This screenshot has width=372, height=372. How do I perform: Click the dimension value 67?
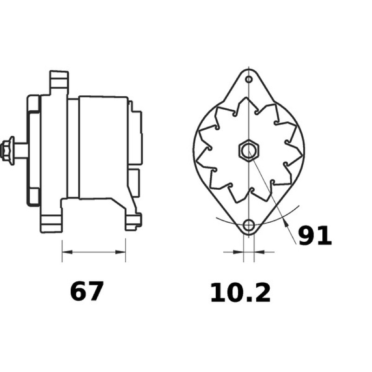(x=86, y=291)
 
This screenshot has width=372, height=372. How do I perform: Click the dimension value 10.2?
(x=240, y=293)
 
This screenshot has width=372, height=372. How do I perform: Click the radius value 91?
(x=315, y=235)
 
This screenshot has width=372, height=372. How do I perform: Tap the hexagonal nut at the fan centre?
(x=249, y=150)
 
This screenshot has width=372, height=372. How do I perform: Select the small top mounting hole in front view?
(x=249, y=79)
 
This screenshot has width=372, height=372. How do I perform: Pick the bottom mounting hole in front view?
(x=249, y=225)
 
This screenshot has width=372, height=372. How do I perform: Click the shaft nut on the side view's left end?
(x=7, y=150)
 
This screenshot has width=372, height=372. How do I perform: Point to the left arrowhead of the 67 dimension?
(x=67, y=252)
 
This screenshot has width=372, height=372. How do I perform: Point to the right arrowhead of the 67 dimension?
(x=120, y=252)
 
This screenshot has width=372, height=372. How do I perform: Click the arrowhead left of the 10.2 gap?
(x=239, y=252)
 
